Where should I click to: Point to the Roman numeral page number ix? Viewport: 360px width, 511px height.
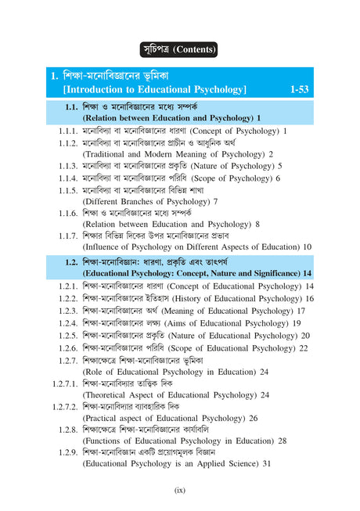pos(179,490)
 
